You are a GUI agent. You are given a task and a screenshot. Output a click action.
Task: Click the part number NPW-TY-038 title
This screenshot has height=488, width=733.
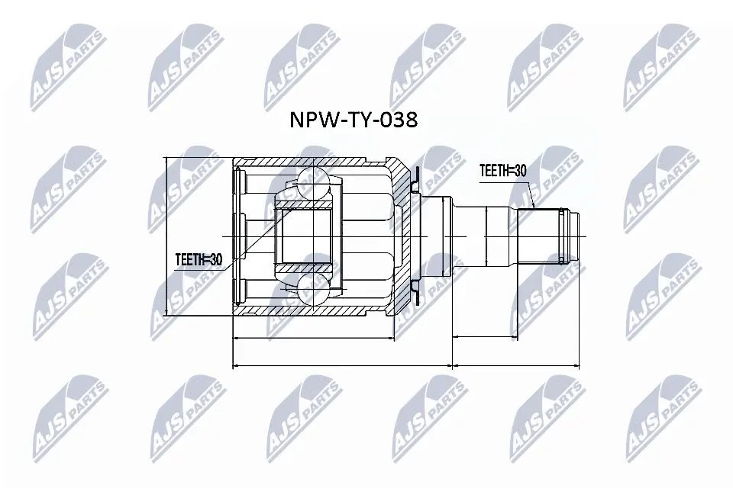tap(352, 120)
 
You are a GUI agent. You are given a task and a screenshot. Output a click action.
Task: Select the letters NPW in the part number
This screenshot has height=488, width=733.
tap(308, 120)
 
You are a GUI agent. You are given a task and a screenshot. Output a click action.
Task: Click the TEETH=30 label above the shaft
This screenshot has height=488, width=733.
tap(502, 172)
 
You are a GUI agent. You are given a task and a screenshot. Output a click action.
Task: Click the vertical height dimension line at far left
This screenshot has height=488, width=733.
tap(166, 236)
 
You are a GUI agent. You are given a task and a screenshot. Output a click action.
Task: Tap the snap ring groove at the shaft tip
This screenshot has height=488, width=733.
tap(565, 236)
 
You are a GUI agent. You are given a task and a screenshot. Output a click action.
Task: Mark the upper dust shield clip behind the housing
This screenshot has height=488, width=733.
tap(415, 182)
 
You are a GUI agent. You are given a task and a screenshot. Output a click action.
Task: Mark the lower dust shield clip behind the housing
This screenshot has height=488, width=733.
tap(415, 289)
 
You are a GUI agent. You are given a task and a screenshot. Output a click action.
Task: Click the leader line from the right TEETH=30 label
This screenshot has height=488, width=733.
tap(527, 194)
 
